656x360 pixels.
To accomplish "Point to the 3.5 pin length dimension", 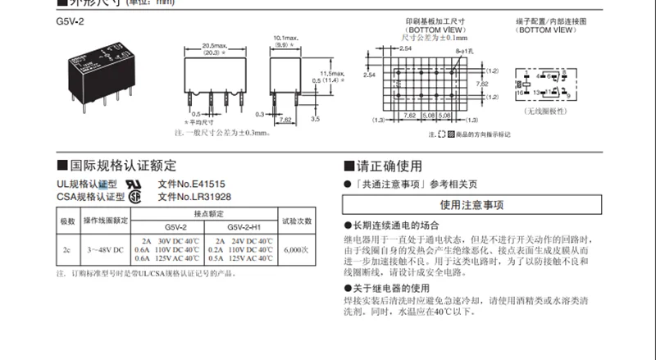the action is pos(315,120).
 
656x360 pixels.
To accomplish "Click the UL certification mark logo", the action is pos(132,185).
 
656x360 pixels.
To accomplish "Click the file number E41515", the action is pos(194,185).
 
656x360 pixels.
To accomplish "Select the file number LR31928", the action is pos(194,197).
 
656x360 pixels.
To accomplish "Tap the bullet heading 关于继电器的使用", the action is pos(391,289).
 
